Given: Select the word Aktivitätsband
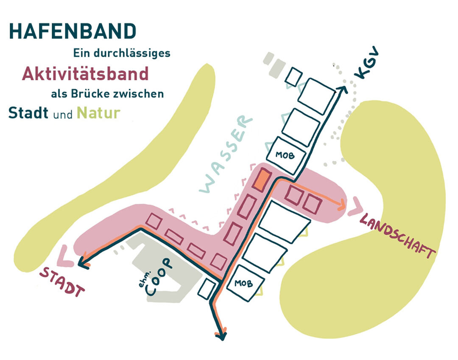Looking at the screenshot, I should pos(85,74).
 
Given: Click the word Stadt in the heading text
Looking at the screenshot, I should pos(28,113).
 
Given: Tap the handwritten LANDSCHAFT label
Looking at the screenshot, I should pos(397,236).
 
